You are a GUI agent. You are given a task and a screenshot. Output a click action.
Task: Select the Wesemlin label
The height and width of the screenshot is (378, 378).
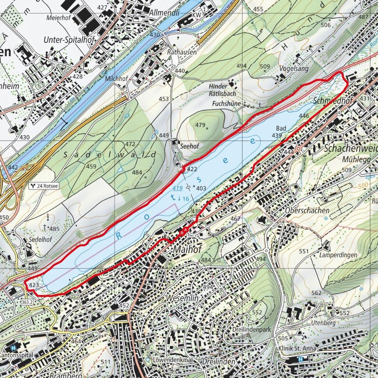[182, 298]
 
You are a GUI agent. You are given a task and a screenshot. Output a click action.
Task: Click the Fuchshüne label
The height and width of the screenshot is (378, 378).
[227, 104]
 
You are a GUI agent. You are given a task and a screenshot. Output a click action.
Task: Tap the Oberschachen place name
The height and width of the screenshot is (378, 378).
[307, 210]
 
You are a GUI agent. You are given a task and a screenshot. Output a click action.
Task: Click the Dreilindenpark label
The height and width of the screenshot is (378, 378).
[251, 329]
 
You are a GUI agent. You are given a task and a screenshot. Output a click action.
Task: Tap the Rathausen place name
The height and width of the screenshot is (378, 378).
[182, 52]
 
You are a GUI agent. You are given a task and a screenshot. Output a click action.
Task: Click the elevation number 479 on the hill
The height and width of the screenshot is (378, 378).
[200, 125]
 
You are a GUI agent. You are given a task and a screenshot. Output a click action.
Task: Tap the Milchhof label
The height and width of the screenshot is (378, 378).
[116, 79]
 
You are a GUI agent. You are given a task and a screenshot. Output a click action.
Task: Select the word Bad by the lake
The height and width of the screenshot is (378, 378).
[281, 128]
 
